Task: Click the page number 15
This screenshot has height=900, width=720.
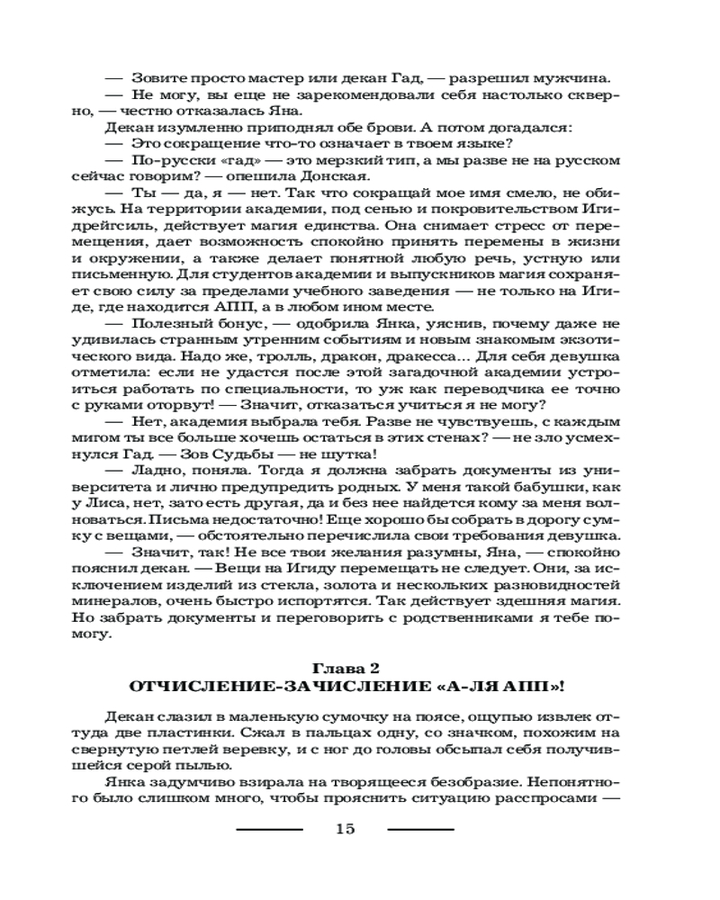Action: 346,829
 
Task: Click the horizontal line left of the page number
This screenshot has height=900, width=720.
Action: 269,829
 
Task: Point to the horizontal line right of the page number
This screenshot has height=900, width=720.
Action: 420,829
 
